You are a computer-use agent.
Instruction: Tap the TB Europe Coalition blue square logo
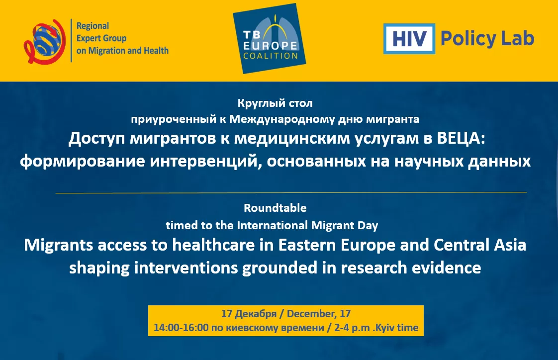pyautogui.click(x=269, y=38)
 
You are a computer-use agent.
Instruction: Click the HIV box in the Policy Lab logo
pyautogui.click(x=409, y=39)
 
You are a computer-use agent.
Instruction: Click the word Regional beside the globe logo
pyautogui.click(x=93, y=26)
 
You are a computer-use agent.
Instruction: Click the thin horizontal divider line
pyautogui.click(x=291, y=192)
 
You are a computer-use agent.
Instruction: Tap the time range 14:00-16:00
pyautogui.click(x=181, y=328)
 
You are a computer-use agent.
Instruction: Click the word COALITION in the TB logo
pyautogui.click(x=271, y=55)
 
